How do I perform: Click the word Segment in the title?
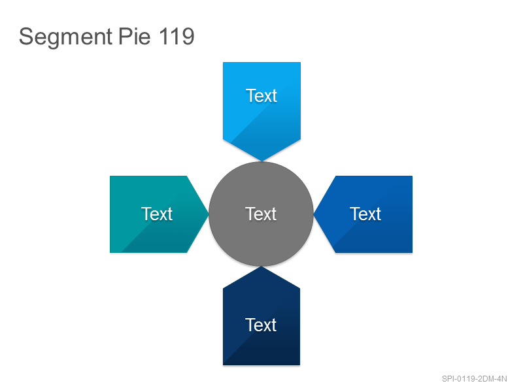tap(66, 37)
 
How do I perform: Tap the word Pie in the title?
tap(135, 36)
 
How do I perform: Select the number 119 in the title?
tap(177, 36)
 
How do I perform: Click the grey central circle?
tap(261, 214)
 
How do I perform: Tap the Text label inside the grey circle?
tap(261, 214)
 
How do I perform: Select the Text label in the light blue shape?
tap(261, 95)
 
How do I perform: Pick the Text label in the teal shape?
tap(157, 214)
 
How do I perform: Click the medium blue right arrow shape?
tap(363, 214)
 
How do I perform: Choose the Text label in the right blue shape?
tap(365, 214)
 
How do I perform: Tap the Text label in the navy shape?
tap(261, 325)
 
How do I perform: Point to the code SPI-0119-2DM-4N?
tap(475, 379)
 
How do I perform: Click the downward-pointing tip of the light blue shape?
tap(262, 161)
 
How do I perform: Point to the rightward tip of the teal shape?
tap(209, 214)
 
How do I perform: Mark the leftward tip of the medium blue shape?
tap(314, 214)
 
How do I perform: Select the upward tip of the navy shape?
tap(261, 267)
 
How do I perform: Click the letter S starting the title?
tap(25, 36)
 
